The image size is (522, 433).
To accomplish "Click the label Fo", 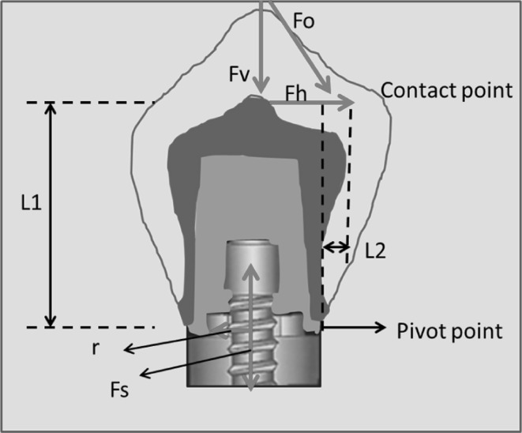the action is [303, 21].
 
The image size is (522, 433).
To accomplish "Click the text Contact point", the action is [446, 90].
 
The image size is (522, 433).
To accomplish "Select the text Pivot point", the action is [449, 329].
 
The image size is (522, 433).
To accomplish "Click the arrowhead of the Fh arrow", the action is [348, 104].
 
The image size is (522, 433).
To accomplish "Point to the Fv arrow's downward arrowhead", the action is [261, 87].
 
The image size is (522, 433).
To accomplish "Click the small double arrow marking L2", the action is [336, 248].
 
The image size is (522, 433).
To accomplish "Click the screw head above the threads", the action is [250, 269].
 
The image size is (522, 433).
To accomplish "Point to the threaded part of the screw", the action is [251, 348].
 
